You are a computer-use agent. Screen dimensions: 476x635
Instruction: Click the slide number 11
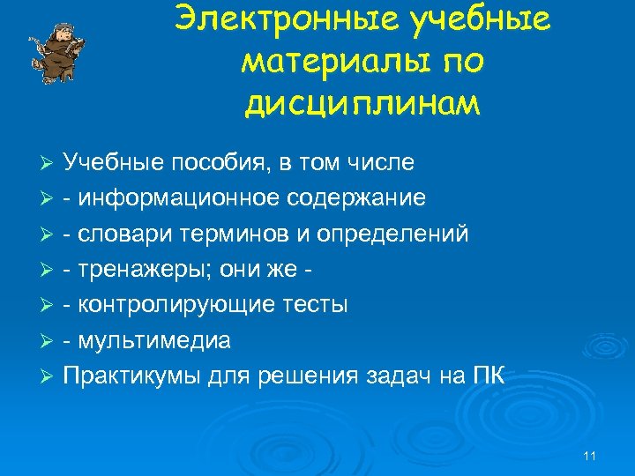click(x=590, y=456)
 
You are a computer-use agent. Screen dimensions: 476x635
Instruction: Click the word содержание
click(x=355, y=198)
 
